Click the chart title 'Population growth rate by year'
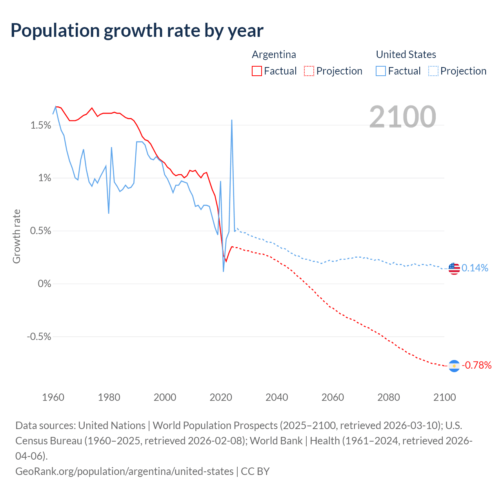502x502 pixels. click(137, 31)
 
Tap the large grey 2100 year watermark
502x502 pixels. click(402, 117)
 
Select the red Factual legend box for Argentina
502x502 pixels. click(257, 71)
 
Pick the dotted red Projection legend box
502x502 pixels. click(309, 71)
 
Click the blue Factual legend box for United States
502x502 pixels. click(381, 71)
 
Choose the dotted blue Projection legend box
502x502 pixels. click(433, 71)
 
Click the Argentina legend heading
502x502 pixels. click(274, 55)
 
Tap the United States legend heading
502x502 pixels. click(406, 55)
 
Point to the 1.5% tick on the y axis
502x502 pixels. click(41, 125)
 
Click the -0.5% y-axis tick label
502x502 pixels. click(39, 336)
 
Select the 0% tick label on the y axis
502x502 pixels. click(44, 284)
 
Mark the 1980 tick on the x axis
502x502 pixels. click(109, 397)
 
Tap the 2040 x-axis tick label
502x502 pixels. click(277, 397)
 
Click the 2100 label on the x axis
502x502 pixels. click(444, 397)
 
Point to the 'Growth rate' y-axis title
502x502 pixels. click(16, 236)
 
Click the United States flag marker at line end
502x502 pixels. click(454, 269)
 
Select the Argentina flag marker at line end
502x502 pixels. click(454, 366)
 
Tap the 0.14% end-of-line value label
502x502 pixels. click(475, 268)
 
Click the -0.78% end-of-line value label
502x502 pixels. click(476, 366)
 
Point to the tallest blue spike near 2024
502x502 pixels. click(232, 121)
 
